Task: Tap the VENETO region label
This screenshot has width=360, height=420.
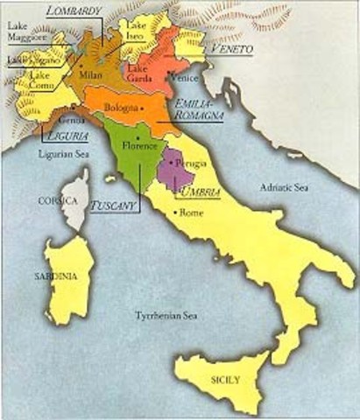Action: [230, 50]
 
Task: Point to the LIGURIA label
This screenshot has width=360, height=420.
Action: [65, 136]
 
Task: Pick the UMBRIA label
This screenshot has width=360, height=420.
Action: [197, 191]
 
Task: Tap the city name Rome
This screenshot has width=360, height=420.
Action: [191, 213]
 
